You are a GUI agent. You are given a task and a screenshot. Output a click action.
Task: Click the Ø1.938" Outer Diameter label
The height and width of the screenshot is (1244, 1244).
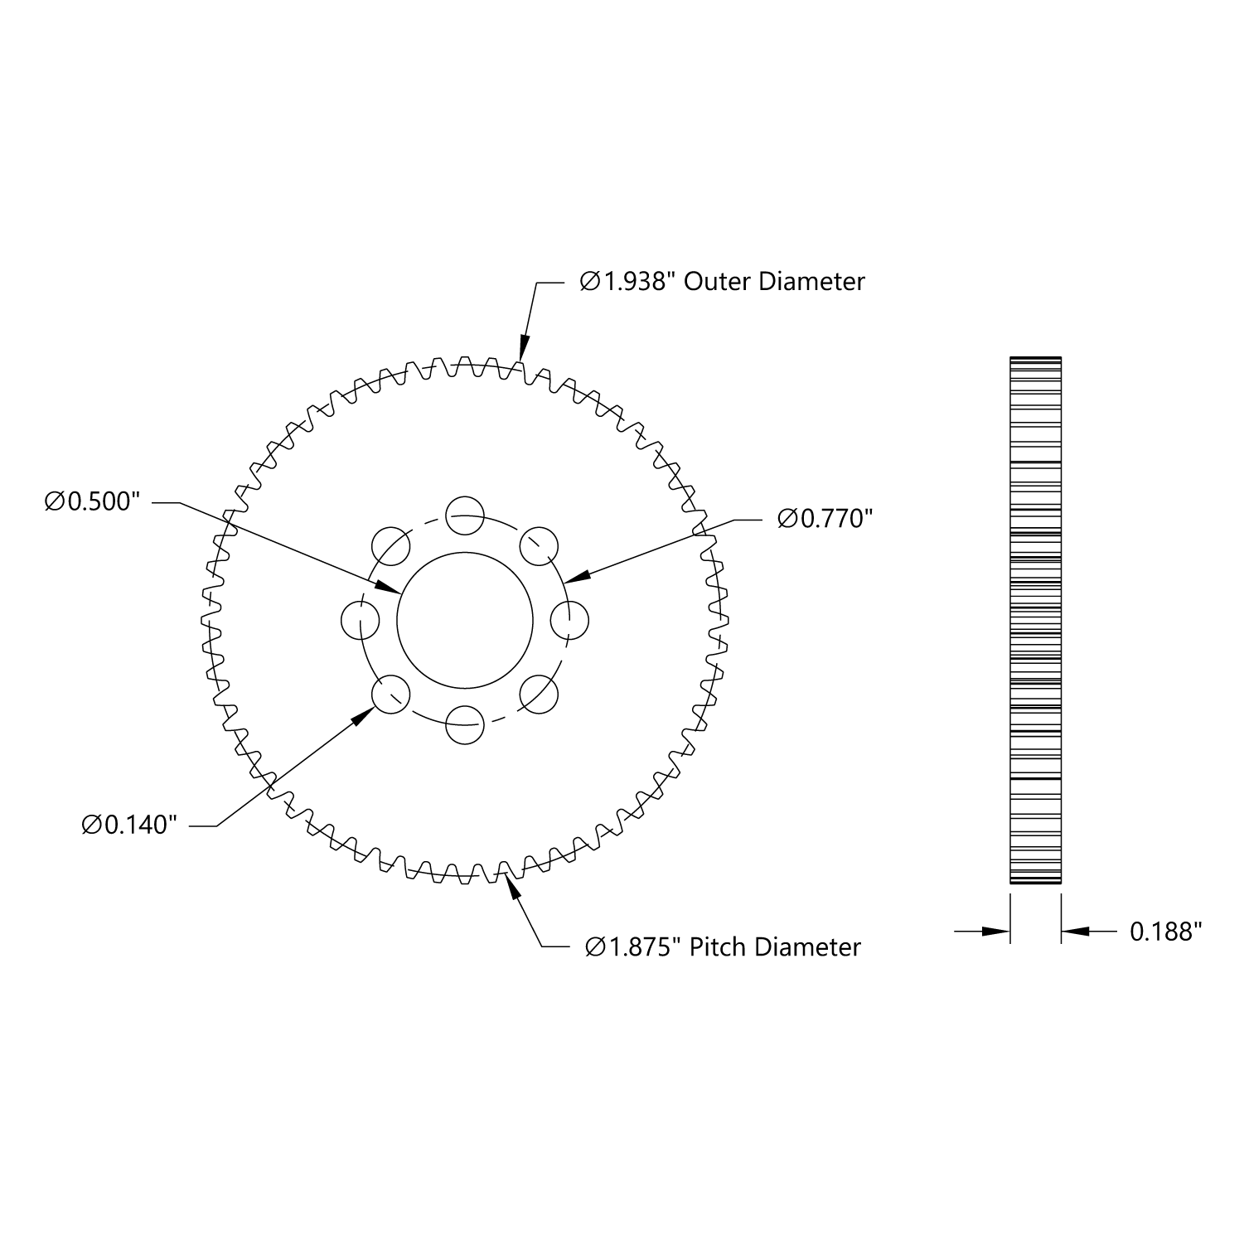[x=722, y=282]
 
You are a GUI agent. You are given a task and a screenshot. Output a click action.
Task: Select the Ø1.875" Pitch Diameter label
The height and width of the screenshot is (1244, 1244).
[x=723, y=946]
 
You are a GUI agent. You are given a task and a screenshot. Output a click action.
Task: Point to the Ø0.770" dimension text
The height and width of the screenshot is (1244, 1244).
[x=825, y=519]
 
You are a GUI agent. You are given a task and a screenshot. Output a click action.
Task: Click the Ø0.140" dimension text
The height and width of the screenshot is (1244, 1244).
[x=130, y=825]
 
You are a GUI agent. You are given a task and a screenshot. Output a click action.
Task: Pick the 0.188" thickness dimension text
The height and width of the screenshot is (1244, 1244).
[x=1166, y=932]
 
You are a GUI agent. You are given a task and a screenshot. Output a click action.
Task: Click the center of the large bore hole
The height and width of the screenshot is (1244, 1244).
[x=465, y=620]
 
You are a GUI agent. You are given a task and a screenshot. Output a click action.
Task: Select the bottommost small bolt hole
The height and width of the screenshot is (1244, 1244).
[x=464, y=726]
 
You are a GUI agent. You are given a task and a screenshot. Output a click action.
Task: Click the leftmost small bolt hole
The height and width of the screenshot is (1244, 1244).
[x=361, y=621]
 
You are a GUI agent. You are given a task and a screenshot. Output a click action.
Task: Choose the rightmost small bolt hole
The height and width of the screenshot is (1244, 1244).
[x=570, y=620]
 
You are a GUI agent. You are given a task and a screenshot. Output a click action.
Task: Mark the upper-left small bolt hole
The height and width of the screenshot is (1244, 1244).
[x=390, y=545]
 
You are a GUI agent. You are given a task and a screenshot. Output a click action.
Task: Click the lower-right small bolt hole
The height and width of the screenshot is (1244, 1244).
[x=539, y=695]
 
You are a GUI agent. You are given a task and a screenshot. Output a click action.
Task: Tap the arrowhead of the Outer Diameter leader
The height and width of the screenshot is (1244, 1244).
[x=523, y=350]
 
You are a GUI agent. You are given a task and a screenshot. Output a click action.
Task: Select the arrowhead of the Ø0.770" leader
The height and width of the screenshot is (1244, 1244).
[x=578, y=575]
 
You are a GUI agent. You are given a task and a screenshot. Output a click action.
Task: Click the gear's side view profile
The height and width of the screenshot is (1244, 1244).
[x=1035, y=620]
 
